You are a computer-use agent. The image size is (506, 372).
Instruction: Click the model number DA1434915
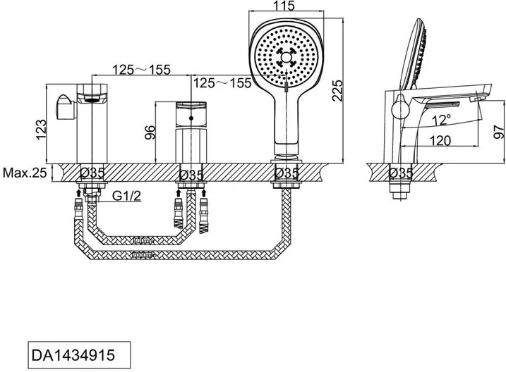click(x=73, y=355)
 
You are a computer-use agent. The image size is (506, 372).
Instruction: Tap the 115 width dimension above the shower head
click(x=284, y=6)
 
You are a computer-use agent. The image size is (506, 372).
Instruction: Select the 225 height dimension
click(x=337, y=91)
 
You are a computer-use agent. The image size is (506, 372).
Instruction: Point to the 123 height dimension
click(x=42, y=130)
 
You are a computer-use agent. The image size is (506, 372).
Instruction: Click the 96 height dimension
click(x=150, y=132)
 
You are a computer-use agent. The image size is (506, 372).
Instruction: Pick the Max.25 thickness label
click(x=25, y=173)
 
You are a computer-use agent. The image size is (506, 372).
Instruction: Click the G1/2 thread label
click(x=126, y=195)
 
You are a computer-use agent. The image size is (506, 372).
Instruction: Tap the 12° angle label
click(x=441, y=120)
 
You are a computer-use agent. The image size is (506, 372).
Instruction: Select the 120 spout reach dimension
click(x=440, y=140)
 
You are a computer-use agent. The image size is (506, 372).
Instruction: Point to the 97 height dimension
click(x=499, y=132)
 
